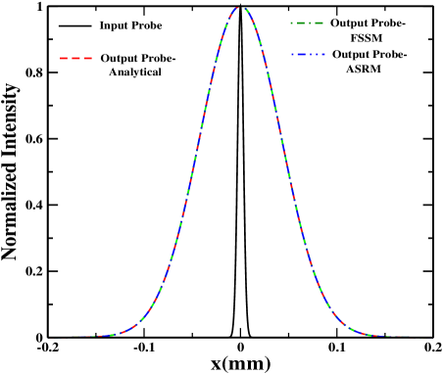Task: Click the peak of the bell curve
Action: click(240, 8)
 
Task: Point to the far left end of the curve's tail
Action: click(46, 338)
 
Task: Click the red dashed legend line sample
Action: click(76, 59)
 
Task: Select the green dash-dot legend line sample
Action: click(307, 23)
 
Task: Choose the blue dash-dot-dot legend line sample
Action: click(307, 55)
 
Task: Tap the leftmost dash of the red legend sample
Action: click(65, 59)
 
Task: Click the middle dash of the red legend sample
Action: click(76, 59)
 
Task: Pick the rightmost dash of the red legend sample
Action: click(88, 59)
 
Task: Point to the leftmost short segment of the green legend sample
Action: click(292, 23)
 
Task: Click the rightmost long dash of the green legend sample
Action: click(318, 23)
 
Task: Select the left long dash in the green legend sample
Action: click(301, 23)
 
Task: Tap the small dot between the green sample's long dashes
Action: click(310, 23)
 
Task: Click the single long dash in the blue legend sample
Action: click(302, 55)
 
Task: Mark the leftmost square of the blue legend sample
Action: click(292, 55)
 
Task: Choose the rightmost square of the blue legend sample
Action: click(322, 55)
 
